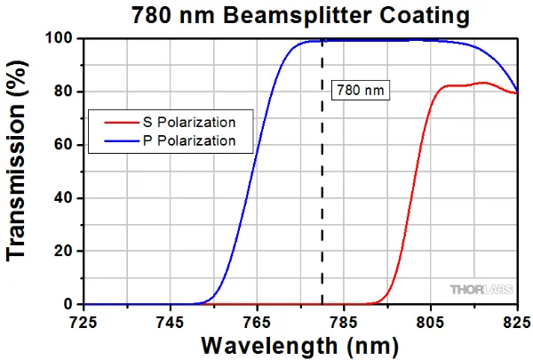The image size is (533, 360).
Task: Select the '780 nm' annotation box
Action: point(361,91)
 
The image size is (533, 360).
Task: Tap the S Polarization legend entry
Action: point(190,123)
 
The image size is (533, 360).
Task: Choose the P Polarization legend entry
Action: point(190,140)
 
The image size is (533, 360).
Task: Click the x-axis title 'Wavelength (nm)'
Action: point(301,344)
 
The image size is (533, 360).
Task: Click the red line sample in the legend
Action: point(115,123)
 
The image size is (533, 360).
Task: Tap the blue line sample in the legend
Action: point(115,140)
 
